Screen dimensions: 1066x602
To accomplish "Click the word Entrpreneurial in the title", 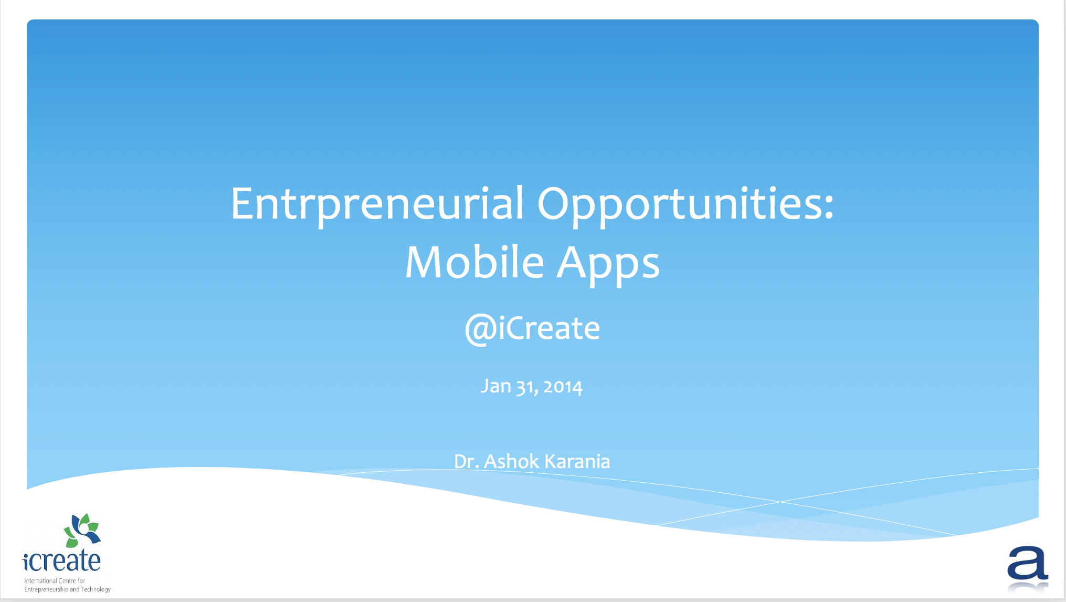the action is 377,204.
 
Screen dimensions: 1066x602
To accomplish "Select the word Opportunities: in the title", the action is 685,205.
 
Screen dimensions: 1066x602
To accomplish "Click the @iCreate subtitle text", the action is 532,329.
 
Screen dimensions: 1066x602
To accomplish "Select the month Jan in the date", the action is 495,386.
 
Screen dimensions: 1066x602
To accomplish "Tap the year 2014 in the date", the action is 563,387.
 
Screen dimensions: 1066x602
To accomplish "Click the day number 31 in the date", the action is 526,388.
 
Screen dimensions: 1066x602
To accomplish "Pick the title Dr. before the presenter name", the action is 466,462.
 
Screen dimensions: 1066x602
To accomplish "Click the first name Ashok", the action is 511,461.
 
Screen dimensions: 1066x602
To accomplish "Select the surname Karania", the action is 577,461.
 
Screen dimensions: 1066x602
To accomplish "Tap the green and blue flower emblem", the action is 82,531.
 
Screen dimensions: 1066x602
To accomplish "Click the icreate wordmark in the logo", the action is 61,561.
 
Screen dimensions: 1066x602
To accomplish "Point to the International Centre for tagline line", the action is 55,580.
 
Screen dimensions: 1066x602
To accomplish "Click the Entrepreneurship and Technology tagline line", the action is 68,589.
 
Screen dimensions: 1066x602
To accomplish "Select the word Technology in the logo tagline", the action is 96,589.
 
